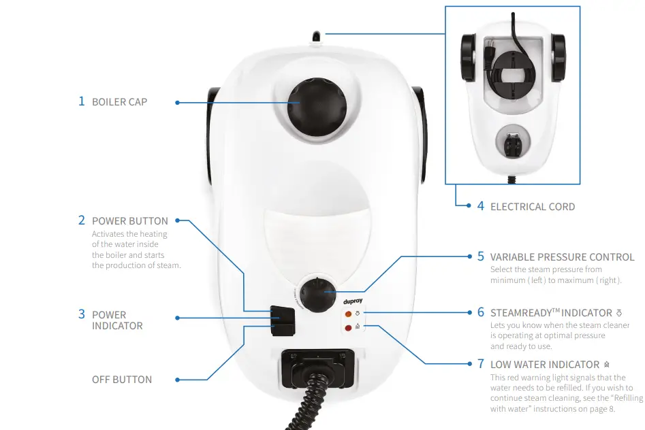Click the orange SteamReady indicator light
pyautogui.click(x=348, y=314)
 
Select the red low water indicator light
pyautogui.click(x=348, y=328)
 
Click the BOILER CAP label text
pyautogui.click(x=119, y=102)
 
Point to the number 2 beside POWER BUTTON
pyautogui.click(x=81, y=220)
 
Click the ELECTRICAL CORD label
pyautogui.click(x=532, y=206)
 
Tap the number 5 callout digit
pyautogui.click(x=480, y=257)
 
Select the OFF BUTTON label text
pyautogui.click(x=122, y=380)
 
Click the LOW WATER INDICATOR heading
pyautogui.click(x=544, y=365)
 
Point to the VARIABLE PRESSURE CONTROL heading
pyautogui.click(x=562, y=257)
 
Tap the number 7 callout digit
pyautogui.click(x=480, y=364)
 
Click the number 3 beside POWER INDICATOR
pyautogui.click(x=81, y=314)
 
